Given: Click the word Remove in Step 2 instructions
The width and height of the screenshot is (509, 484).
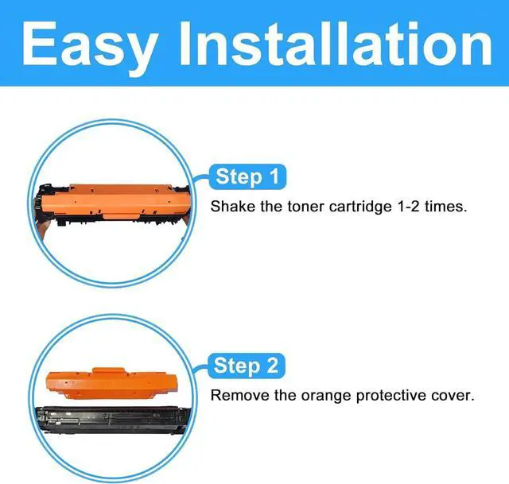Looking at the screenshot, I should tap(238, 395).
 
